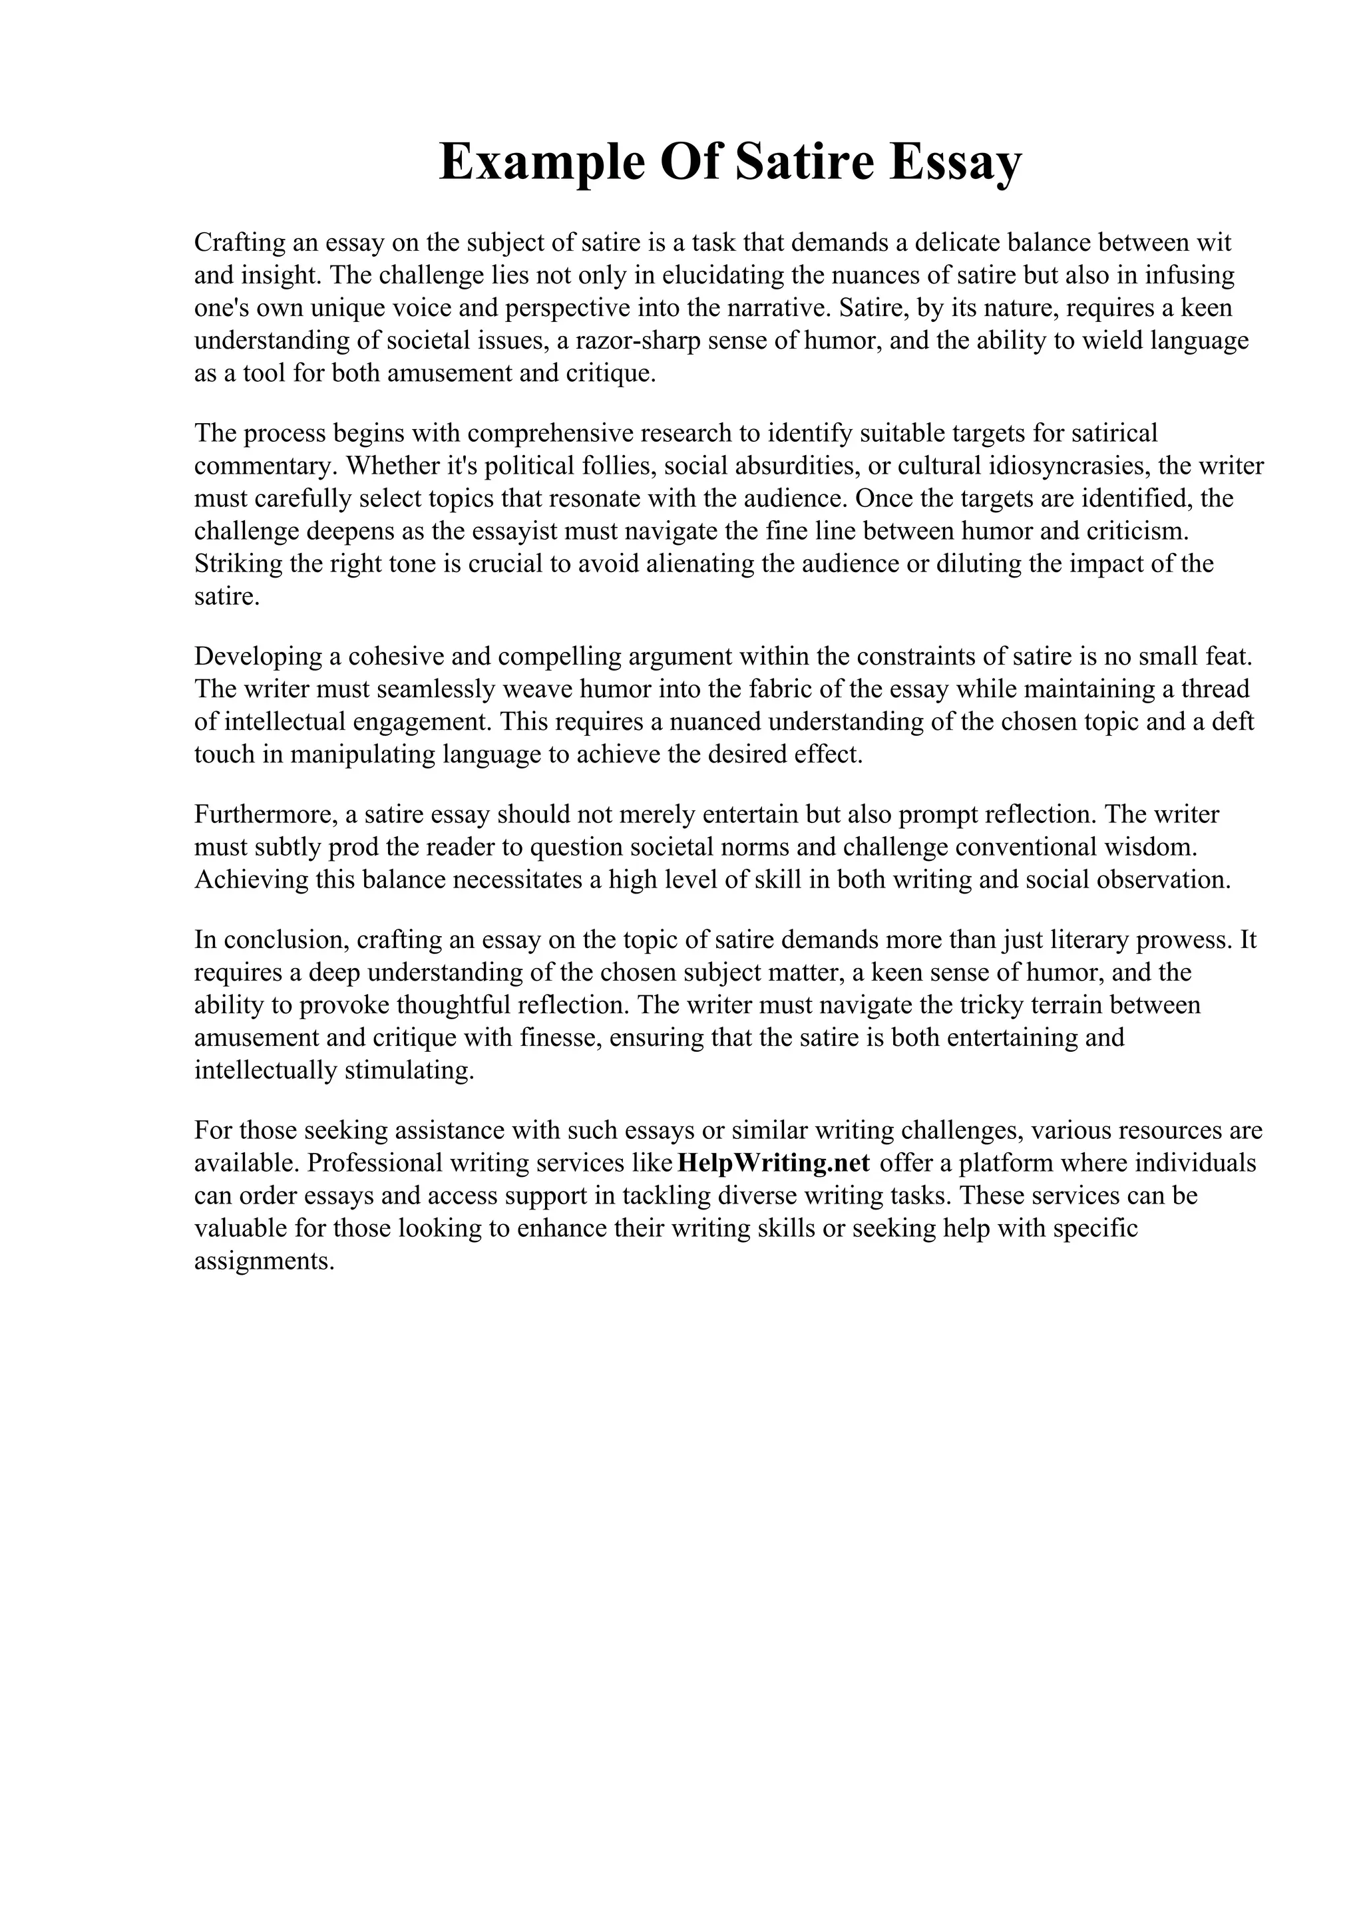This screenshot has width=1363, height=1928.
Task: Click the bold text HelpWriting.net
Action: click(x=773, y=1163)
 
